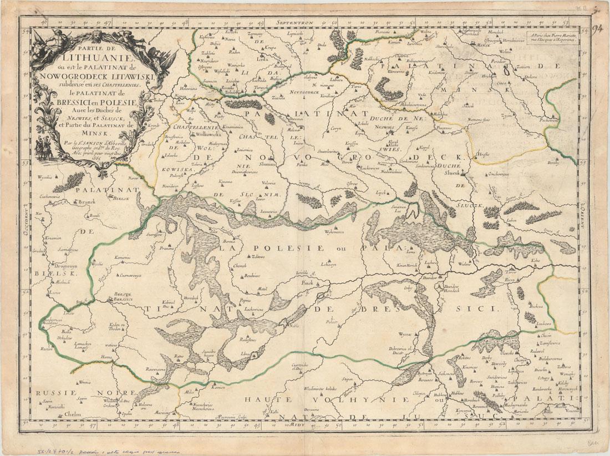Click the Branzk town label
84,202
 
